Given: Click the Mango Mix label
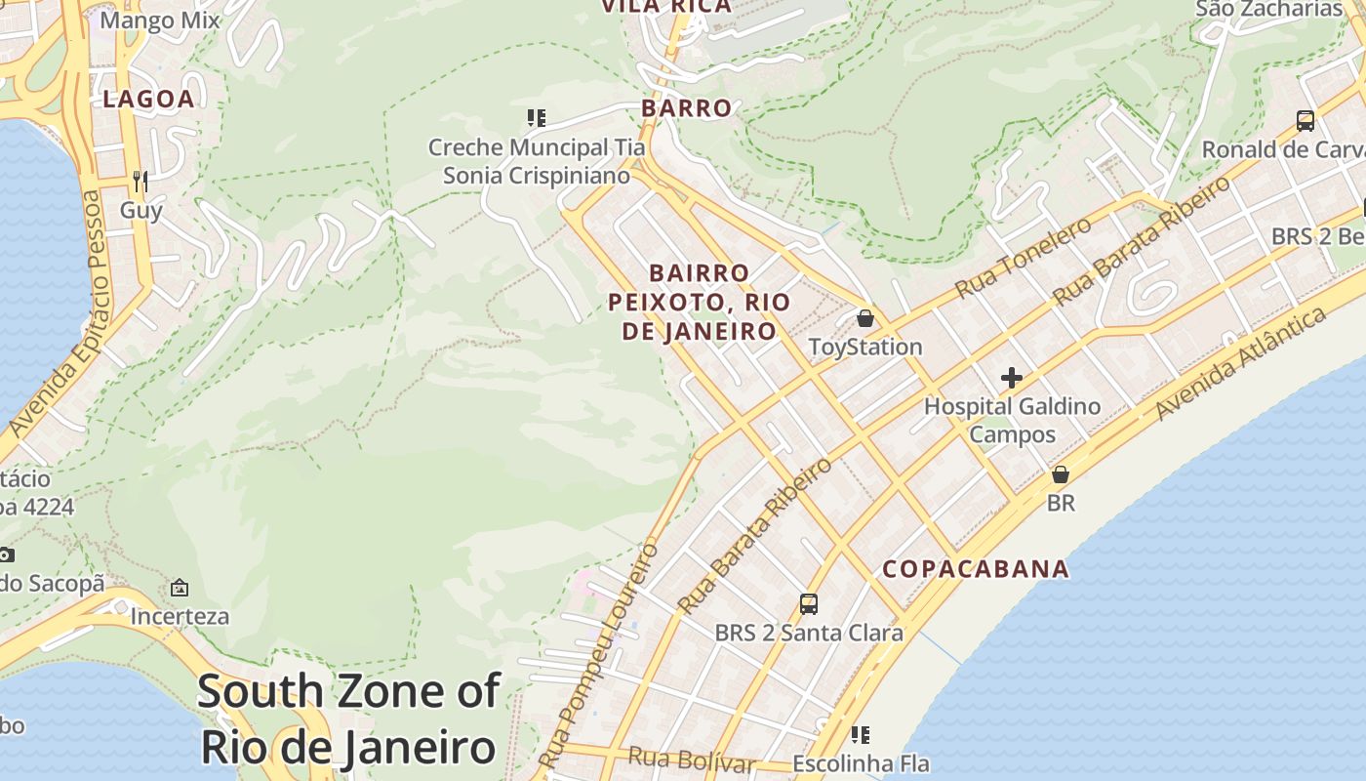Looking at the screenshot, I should pyautogui.click(x=160, y=21).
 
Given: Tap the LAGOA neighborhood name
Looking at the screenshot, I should pyautogui.click(x=148, y=99).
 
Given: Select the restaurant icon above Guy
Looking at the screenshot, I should pyautogui.click(x=141, y=181).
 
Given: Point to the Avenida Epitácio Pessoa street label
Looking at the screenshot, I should pyautogui.click(x=56, y=312).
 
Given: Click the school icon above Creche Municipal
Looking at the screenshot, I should pyautogui.click(x=536, y=118).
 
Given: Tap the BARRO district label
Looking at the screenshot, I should pyautogui.click(x=687, y=108).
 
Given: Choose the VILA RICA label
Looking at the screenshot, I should pyautogui.click(x=666, y=8).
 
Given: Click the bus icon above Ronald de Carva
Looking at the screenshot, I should pyautogui.click(x=1305, y=121).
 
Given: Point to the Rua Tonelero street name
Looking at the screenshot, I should pyautogui.click(x=1024, y=258).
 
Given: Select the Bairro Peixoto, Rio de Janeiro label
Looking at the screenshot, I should pyautogui.click(x=700, y=302).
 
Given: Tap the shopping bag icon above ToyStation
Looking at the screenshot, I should pyautogui.click(x=864, y=318).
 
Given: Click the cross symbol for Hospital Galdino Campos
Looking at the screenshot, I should pyautogui.click(x=1012, y=378).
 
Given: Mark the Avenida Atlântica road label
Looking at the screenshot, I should pyautogui.click(x=1240, y=363).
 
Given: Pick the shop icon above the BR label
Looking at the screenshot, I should pyautogui.click(x=1060, y=474).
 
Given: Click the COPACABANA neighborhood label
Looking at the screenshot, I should pyautogui.click(x=976, y=569).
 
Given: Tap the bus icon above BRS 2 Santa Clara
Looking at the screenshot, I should pyautogui.click(x=809, y=603).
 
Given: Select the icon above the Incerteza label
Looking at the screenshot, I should pyautogui.click(x=180, y=588).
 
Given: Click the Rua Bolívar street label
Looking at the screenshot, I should pyautogui.click(x=692, y=759).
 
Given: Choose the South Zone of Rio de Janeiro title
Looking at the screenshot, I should pyautogui.click(x=348, y=719).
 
